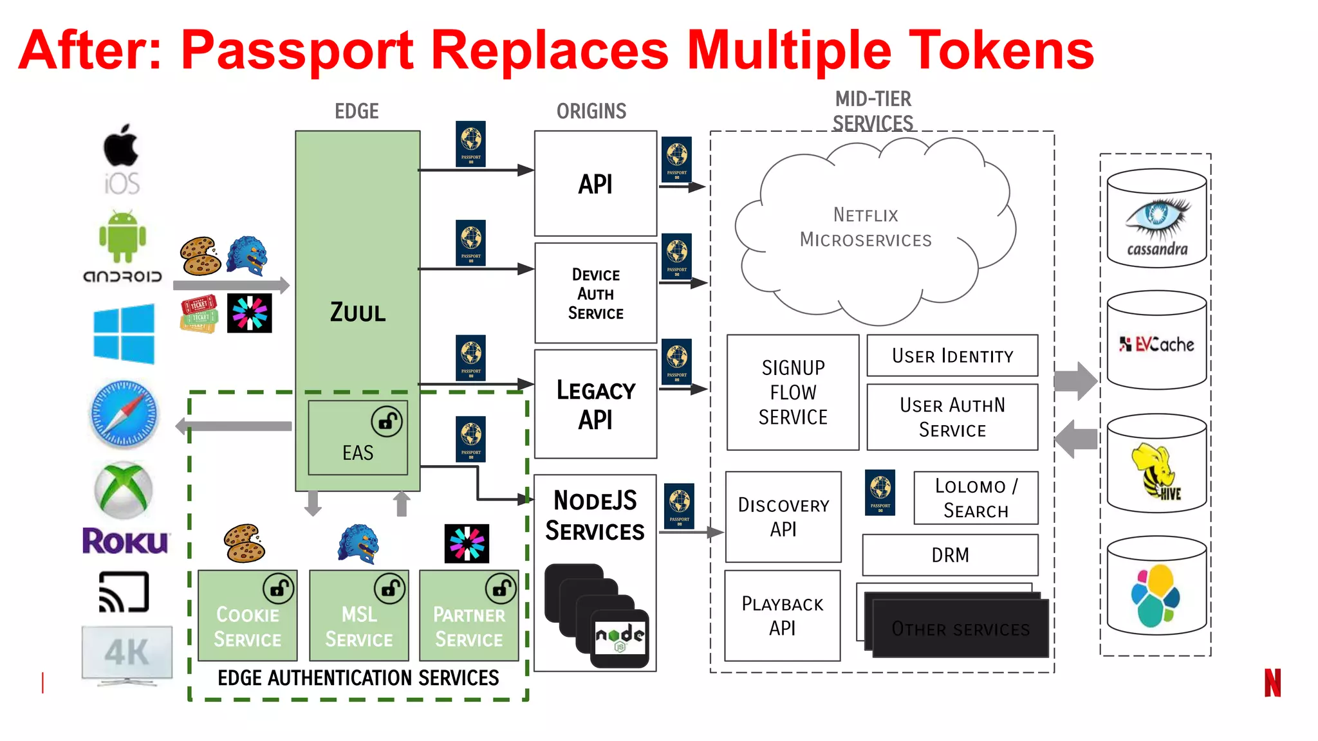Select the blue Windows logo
point(124,334)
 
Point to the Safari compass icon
point(124,414)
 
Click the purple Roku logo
point(125,541)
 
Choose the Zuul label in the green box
point(358,313)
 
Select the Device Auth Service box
point(595,293)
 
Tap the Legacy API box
point(595,404)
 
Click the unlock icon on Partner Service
point(501,588)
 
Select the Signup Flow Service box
point(793,392)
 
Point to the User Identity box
point(952,356)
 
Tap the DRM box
point(950,555)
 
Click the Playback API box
point(783,616)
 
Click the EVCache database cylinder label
point(1157,345)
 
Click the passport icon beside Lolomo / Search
point(880,492)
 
